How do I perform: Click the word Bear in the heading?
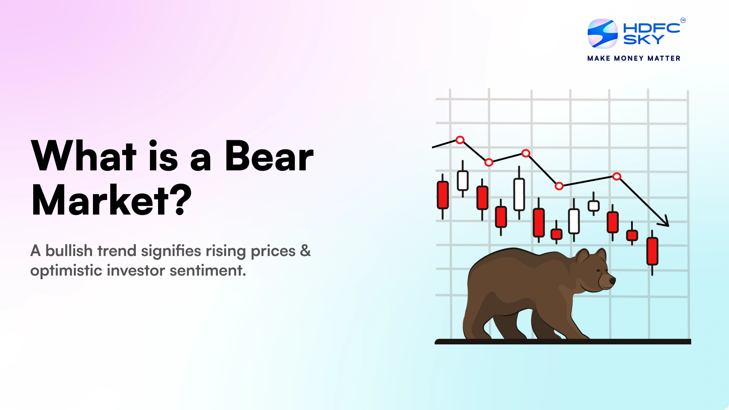[x=269, y=156]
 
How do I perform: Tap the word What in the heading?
[x=84, y=156]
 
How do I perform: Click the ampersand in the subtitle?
[x=305, y=251]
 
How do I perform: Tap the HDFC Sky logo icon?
[x=602, y=34]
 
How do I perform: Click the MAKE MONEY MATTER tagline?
[x=634, y=58]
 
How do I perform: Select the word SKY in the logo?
[x=643, y=40]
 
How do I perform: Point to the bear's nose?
[x=613, y=281]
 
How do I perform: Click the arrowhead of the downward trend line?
[x=665, y=222]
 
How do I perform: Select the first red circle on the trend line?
[x=460, y=140]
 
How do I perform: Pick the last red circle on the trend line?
[x=616, y=176]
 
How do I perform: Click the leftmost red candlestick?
[x=442, y=195]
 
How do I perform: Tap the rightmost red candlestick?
[x=652, y=251]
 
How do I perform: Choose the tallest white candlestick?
[x=519, y=194]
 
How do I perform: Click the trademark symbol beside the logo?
[x=683, y=20]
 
